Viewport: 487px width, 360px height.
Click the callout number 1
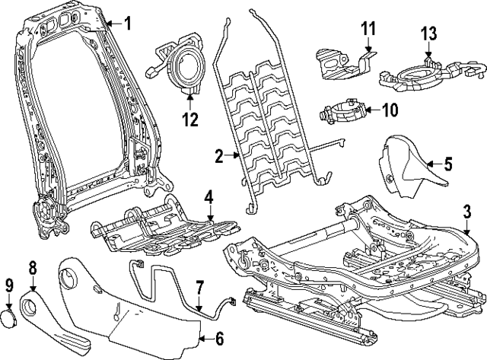tap(127, 24)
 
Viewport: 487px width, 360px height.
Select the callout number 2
tap(218, 158)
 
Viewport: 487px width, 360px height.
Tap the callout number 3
tap(467, 211)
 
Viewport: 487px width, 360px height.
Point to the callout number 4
tap(209, 199)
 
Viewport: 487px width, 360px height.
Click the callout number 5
tap(448, 162)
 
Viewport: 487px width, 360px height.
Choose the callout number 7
tap(199, 288)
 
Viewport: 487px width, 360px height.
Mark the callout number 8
tap(33, 269)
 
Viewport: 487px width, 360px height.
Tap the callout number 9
tap(9, 287)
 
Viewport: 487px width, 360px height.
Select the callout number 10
tap(389, 110)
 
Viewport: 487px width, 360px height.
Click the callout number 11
tap(368, 30)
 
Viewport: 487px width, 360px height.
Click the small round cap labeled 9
tap(11, 317)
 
